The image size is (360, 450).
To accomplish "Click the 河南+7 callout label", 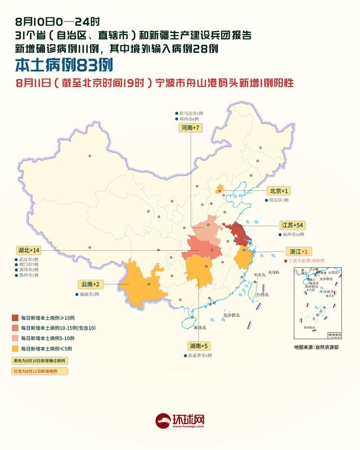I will click(x=190, y=129).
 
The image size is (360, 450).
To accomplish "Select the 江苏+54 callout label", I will click(x=292, y=224).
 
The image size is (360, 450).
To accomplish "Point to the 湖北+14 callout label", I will click(x=29, y=250).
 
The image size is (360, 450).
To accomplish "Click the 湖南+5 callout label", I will click(x=197, y=346).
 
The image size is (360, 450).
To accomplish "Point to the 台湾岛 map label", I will click(x=264, y=294).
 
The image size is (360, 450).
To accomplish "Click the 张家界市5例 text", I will click(x=199, y=355).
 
